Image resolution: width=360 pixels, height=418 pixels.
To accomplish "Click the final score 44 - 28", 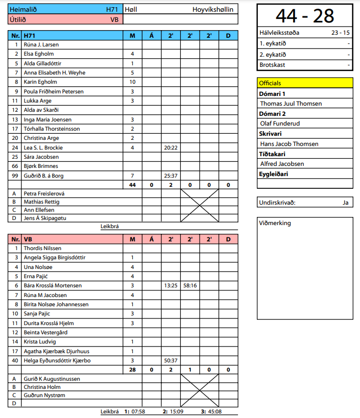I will (x=304, y=16).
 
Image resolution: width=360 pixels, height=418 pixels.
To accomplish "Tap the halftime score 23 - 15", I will (x=340, y=33).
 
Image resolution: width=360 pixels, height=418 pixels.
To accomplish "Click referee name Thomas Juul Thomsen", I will (x=291, y=104).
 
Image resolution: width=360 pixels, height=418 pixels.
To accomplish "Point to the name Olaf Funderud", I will (x=280, y=124).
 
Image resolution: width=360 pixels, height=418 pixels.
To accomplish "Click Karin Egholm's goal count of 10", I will (x=132, y=82).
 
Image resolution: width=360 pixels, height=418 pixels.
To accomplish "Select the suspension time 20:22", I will (x=171, y=147).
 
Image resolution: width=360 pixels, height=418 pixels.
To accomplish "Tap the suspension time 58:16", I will (x=189, y=285).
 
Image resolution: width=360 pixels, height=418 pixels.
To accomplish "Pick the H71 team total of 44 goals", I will (x=132, y=185).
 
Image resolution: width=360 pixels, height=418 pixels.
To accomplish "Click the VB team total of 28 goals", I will (x=132, y=370).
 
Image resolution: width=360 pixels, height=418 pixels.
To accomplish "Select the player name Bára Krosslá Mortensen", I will (x=53, y=285).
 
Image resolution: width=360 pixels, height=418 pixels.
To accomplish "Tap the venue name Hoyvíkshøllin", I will (x=213, y=9).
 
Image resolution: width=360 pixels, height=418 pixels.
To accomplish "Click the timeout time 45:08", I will (x=214, y=411).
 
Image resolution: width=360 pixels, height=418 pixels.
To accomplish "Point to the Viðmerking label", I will (x=275, y=223).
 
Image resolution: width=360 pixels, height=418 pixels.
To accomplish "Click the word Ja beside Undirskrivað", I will (x=346, y=203).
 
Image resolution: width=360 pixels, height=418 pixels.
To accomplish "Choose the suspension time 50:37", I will (x=171, y=360).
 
